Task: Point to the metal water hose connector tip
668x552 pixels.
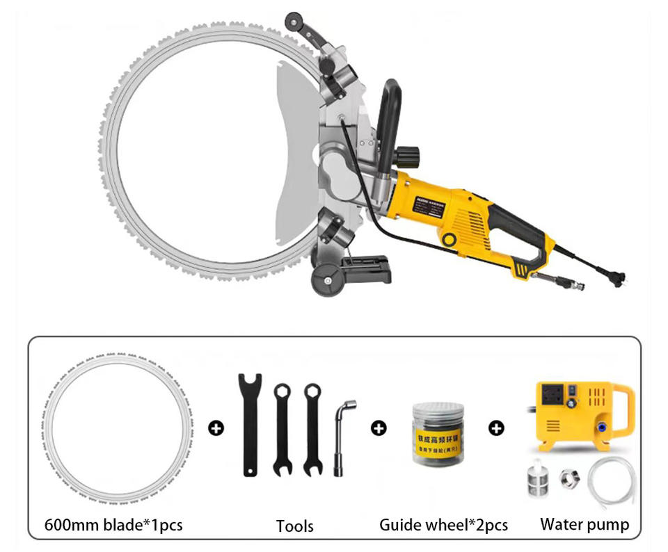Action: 577,285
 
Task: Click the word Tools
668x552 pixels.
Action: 294,526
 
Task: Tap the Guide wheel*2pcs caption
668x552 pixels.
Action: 443,524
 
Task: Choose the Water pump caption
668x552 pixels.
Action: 584,524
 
